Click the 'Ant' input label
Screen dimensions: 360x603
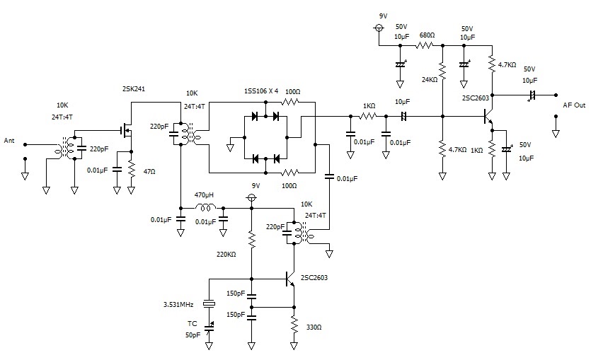click(9, 140)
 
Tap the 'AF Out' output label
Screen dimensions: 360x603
click(574, 105)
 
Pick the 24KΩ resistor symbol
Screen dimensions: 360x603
click(442, 70)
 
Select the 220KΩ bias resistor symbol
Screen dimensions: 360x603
click(251, 240)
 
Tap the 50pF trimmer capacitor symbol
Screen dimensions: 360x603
click(209, 327)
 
